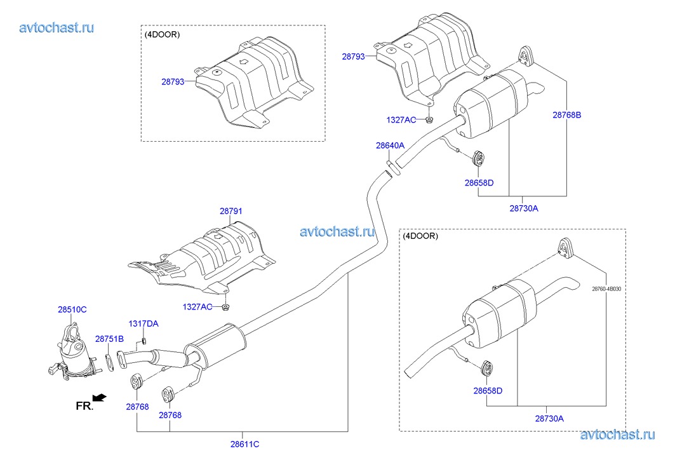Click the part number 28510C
pos(72,309)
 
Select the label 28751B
pos(109,339)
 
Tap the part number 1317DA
pos(144,323)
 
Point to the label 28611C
pos(244,444)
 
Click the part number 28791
pos(231,211)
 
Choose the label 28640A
pos(390,146)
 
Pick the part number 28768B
pos(566,115)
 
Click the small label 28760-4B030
pos(606,289)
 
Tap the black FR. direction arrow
pos(100,397)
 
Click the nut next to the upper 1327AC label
pos(429,120)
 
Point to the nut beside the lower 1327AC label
pos(225,307)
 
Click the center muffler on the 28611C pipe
pos(215,346)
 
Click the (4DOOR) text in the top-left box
pos(162,34)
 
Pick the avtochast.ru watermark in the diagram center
pos(337,232)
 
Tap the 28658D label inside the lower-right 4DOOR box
pos(488,391)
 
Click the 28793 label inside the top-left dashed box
pos(173,81)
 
